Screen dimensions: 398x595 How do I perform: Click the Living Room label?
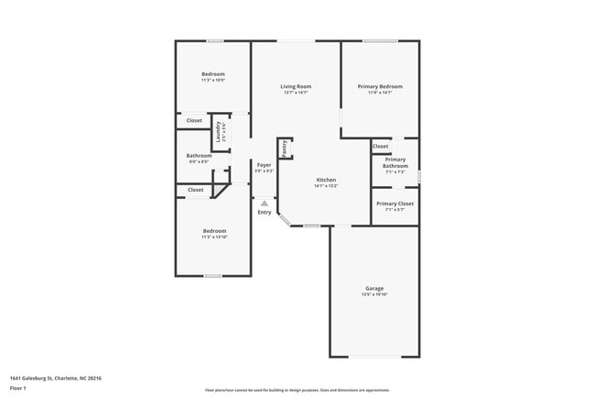click(296, 86)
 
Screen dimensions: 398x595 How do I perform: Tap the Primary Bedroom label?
click(380, 86)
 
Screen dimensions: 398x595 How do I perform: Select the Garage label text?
click(374, 288)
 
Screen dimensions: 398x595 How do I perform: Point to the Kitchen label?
click(326, 180)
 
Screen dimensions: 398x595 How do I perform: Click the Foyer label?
click(264, 165)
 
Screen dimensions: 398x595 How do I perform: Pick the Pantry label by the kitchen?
click(285, 148)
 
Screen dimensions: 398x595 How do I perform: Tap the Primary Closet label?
click(395, 204)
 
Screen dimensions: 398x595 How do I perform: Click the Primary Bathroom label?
click(395, 162)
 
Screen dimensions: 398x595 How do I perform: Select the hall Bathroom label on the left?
click(200, 156)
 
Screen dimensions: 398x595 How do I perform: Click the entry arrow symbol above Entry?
click(265, 203)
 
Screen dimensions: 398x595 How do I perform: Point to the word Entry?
click(265, 212)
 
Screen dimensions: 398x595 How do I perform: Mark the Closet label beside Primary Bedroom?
click(380, 146)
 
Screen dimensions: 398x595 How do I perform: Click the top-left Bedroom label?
click(213, 74)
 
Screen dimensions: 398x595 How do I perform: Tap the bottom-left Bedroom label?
click(214, 230)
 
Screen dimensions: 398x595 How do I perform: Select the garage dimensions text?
click(374, 294)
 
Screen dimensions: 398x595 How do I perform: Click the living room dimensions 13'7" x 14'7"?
click(296, 93)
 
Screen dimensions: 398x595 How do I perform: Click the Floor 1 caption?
click(19, 389)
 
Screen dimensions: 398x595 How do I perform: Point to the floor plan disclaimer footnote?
click(297, 390)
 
